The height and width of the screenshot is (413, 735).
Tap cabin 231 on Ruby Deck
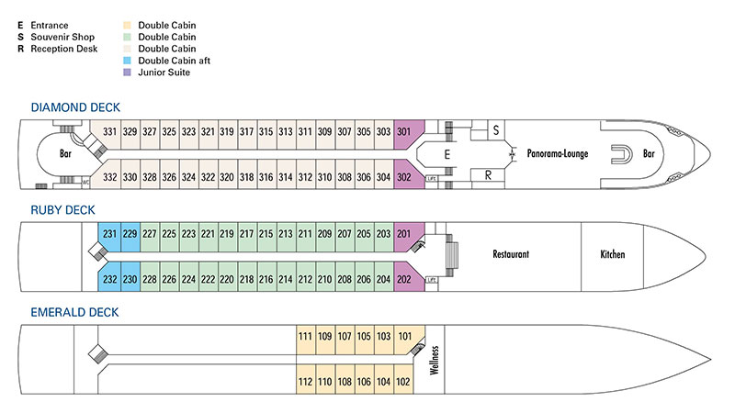[109, 234]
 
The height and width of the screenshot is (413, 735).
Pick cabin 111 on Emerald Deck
[305, 337]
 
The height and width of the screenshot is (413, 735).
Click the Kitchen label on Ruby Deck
[613, 254]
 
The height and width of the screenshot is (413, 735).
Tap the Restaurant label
[513, 254]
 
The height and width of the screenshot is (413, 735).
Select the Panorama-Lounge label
[558, 153]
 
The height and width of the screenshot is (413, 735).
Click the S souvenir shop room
[496, 130]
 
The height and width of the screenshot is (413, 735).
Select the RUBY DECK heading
[58, 210]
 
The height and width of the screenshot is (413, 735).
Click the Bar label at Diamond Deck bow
[650, 153]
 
